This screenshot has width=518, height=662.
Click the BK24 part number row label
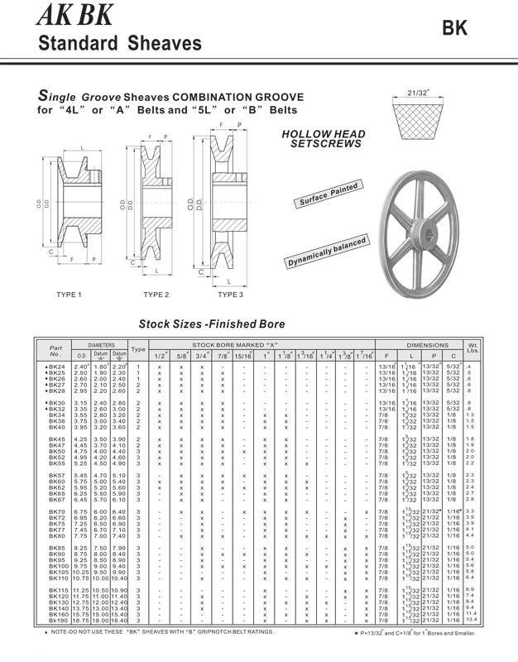(57, 366)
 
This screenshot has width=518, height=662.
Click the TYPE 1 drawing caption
(69, 294)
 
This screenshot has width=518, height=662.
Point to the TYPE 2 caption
(156, 294)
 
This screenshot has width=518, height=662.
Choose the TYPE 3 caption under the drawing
(230, 294)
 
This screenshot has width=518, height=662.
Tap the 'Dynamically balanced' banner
(327, 252)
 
